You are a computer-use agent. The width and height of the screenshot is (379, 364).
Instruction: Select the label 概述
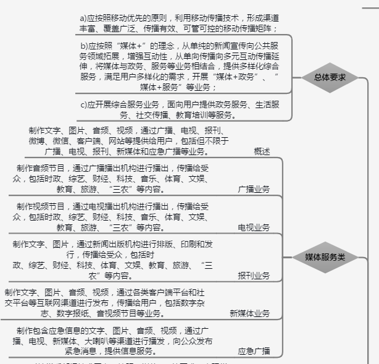click(x=262, y=151)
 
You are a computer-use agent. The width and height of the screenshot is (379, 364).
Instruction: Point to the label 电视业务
click(x=254, y=227)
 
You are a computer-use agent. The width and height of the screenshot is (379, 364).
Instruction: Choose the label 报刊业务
click(x=254, y=276)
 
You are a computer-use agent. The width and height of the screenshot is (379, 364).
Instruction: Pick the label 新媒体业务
click(x=249, y=313)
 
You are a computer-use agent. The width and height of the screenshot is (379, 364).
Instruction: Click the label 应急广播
click(x=254, y=351)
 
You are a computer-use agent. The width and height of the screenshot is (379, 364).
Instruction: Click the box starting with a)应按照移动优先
click(x=179, y=23)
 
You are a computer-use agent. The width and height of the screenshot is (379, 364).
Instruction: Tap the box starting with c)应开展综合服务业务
click(x=179, y=109)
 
